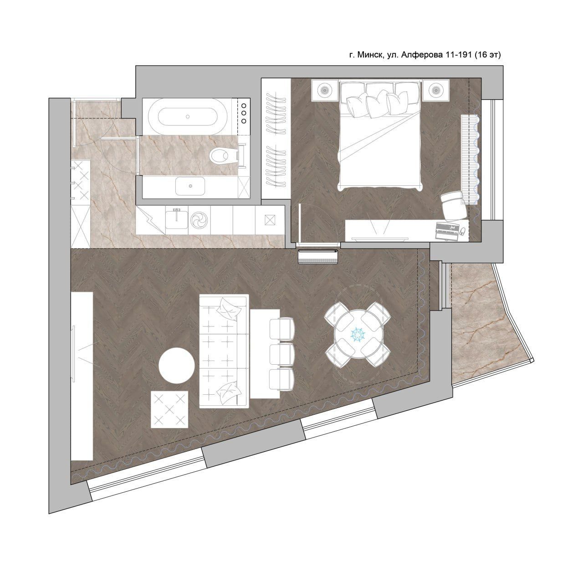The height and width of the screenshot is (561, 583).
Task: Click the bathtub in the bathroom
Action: (x=188, y=117)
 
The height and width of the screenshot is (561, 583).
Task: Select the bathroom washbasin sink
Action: (x=190, y=186)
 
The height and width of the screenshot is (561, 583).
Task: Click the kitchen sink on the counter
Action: (x=176, y=220)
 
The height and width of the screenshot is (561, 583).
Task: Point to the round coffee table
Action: (x=176, y=365)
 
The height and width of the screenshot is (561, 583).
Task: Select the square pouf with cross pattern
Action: (x=169, y=409)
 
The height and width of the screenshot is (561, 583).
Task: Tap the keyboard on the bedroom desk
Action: (x=447, y=231)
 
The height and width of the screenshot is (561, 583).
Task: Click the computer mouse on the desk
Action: (x=463, y=231)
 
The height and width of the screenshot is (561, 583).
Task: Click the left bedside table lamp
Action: (x=325, y=90)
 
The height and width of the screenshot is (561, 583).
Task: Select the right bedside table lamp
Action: (x=435, y=90)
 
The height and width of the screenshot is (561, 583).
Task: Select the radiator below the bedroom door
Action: (x=318, y=257)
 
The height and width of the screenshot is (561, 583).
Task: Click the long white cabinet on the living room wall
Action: (x=82, y=376)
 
